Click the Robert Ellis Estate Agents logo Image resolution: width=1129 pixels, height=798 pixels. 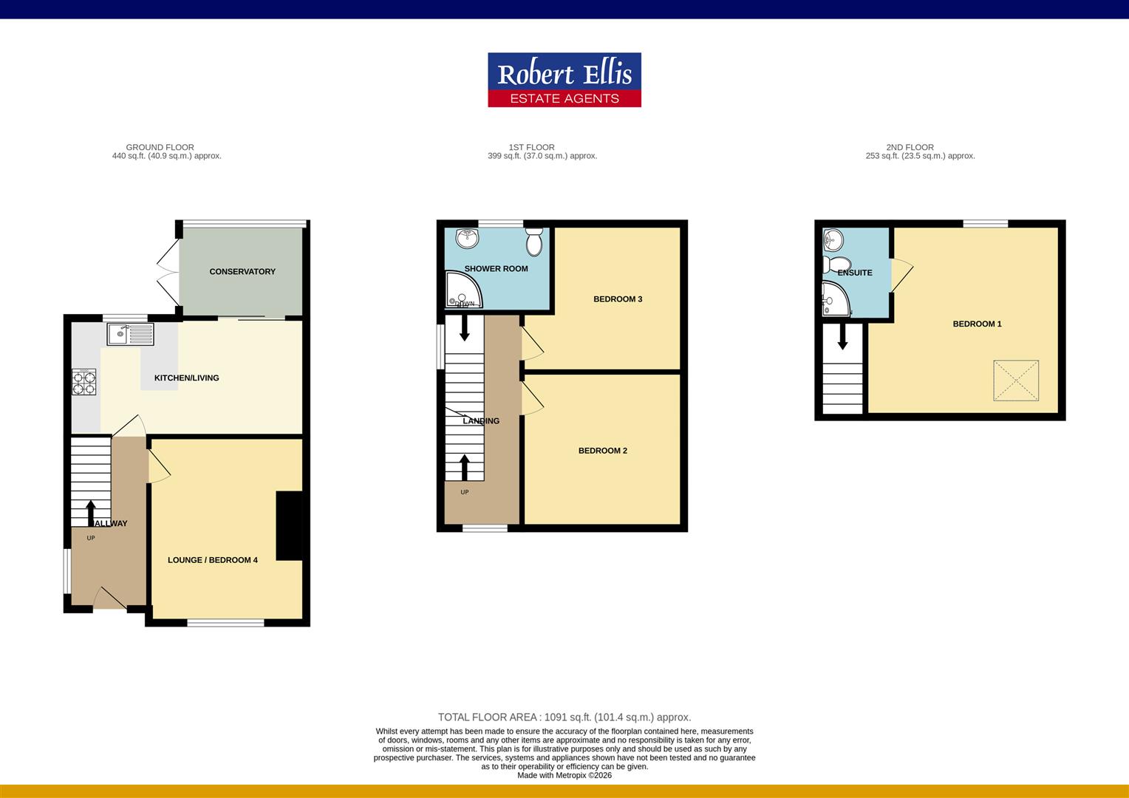click(564, 80)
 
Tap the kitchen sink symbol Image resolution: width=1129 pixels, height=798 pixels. click(130, 334)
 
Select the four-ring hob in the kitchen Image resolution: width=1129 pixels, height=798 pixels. click(84, 382)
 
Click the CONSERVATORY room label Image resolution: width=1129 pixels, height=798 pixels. click(242, 272)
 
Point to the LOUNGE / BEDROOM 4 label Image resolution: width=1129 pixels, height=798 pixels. click(213, 560)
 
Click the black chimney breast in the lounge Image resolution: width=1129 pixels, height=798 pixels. click(289, 525)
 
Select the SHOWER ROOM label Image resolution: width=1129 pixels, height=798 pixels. click(496, 269)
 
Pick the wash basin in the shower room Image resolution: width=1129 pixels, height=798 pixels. click(468, 237)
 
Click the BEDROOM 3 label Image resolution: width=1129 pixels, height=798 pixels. click(618, 299)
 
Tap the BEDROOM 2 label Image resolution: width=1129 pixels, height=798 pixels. click(603, 451)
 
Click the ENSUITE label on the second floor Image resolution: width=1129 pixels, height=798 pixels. click(855, 273)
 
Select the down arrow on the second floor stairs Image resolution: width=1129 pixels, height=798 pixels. click(842, 338)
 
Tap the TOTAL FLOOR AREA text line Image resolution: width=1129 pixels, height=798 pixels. click(564, 717)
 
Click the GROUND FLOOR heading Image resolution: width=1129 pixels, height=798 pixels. click(160, 147)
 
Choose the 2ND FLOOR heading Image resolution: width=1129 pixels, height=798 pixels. click(910, 147)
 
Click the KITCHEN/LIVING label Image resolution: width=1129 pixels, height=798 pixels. click(186, 378)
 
